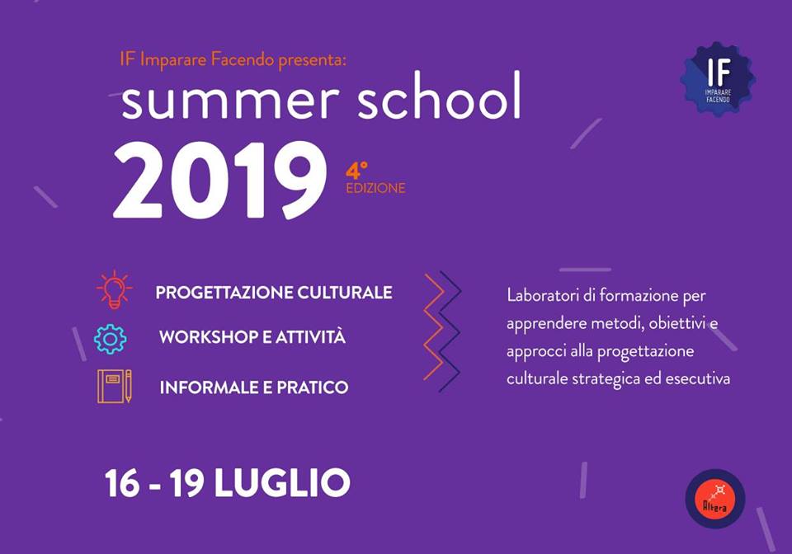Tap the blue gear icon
110,339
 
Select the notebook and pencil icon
115,386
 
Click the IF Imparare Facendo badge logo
719,79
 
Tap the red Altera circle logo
714,499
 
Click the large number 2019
219,180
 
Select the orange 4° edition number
356,171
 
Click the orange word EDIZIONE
376,188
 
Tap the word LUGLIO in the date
282,483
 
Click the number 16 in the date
122,483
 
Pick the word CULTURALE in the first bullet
345,293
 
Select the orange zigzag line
435,326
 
